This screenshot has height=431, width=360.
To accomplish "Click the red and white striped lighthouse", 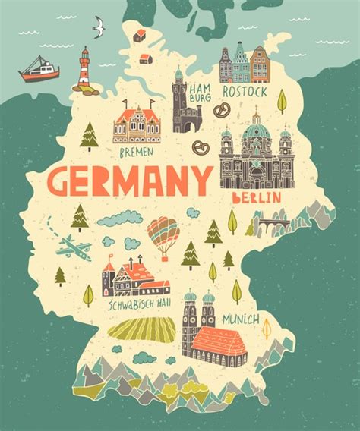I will tap(85, 70).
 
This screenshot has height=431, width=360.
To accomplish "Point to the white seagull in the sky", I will tap(98, 29).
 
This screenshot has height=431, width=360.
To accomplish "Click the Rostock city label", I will tap(245, 91).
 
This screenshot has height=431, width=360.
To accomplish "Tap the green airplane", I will tap(75, 247).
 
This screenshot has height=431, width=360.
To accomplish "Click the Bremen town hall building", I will tap(137, 125).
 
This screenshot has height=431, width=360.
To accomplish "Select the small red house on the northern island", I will tap(139, 35).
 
